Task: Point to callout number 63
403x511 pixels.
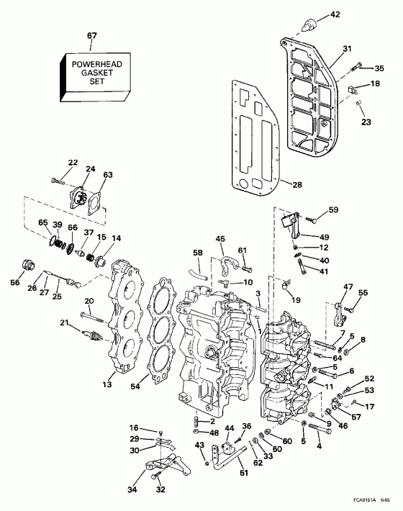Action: tap(108, 174)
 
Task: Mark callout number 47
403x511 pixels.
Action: tap(349, 287)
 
